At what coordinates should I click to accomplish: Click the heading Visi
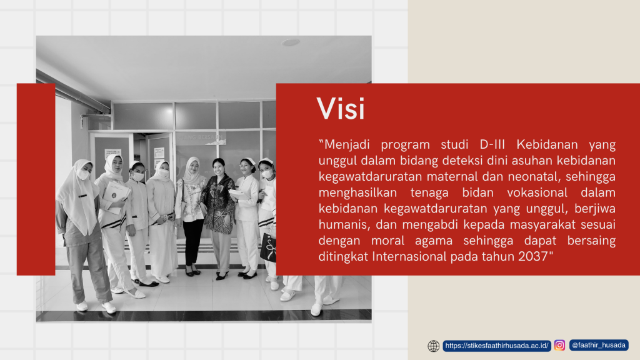click(x=341, y=109)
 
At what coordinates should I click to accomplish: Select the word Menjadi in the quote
click(x=347, y=145)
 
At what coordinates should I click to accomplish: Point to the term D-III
click(x=492, y=144)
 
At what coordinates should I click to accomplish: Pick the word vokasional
click(x=537, y=192)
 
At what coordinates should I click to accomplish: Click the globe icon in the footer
click(x=434, y=346)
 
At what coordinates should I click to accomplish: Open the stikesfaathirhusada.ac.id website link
click(x=497, y=346)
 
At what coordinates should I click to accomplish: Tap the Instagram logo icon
click(x=559, y=345)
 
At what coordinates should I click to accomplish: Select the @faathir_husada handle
click(x=598, y=345)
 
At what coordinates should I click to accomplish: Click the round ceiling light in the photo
click(x=291, y=42)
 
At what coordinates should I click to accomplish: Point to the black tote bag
click(x=268, y=246)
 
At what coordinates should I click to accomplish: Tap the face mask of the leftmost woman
click(x=83, y=175)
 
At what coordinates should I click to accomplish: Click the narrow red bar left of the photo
click(x=36, y=179)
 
